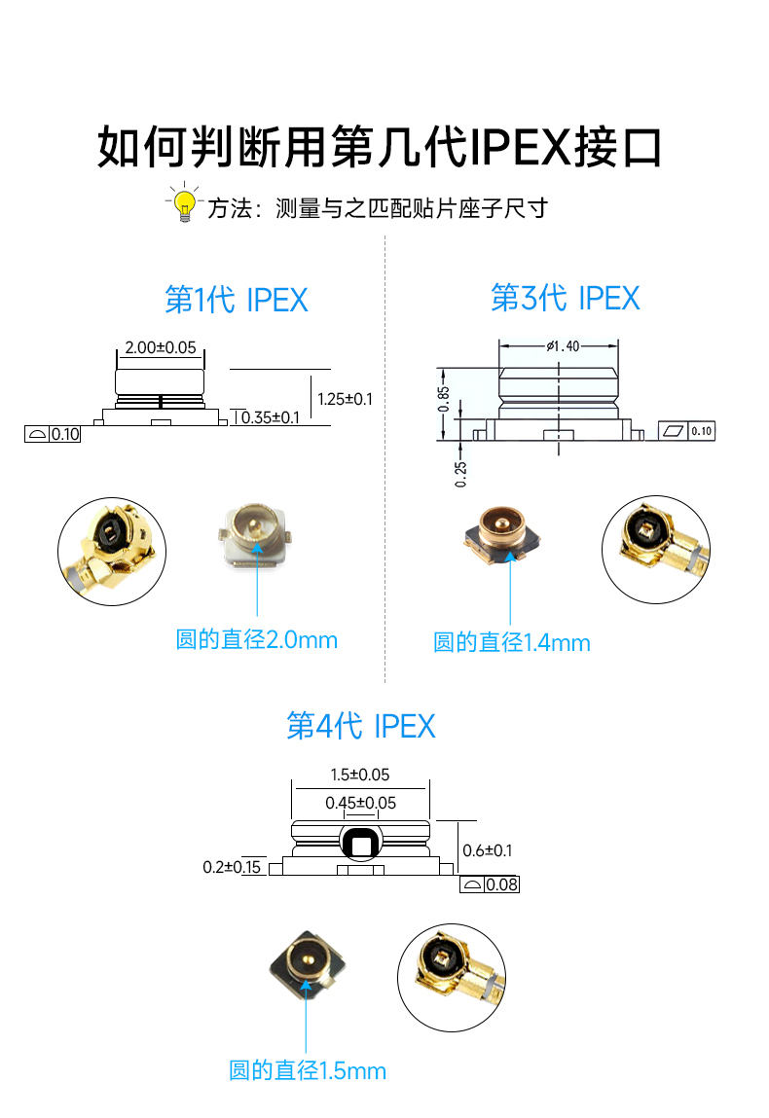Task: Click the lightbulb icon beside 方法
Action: point(184,203)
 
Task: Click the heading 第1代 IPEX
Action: point(237,300)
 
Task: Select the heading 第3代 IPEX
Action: point(566,298)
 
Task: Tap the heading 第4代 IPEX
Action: point(361,726)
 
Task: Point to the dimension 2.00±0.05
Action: point(161,346)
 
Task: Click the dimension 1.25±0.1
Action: point(346,398)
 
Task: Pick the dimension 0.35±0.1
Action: point(271,417)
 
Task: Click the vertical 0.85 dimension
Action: point(444,399)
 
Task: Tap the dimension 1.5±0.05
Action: point(359,775)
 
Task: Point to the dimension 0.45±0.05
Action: point(360,803)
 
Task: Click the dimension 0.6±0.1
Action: point(487,849)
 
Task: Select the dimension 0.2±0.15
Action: point(232,866)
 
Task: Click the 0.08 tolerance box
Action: point(490,884)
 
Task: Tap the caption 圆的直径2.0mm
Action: point(256,639)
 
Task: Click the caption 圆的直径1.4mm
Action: point(512,642)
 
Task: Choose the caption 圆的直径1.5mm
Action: point(308,1070)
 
